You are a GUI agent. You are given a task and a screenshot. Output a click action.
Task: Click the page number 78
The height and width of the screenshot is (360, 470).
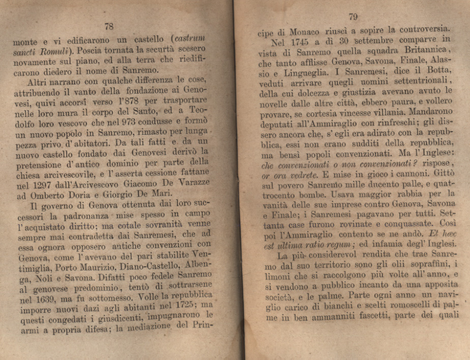(x=109, y=26)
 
